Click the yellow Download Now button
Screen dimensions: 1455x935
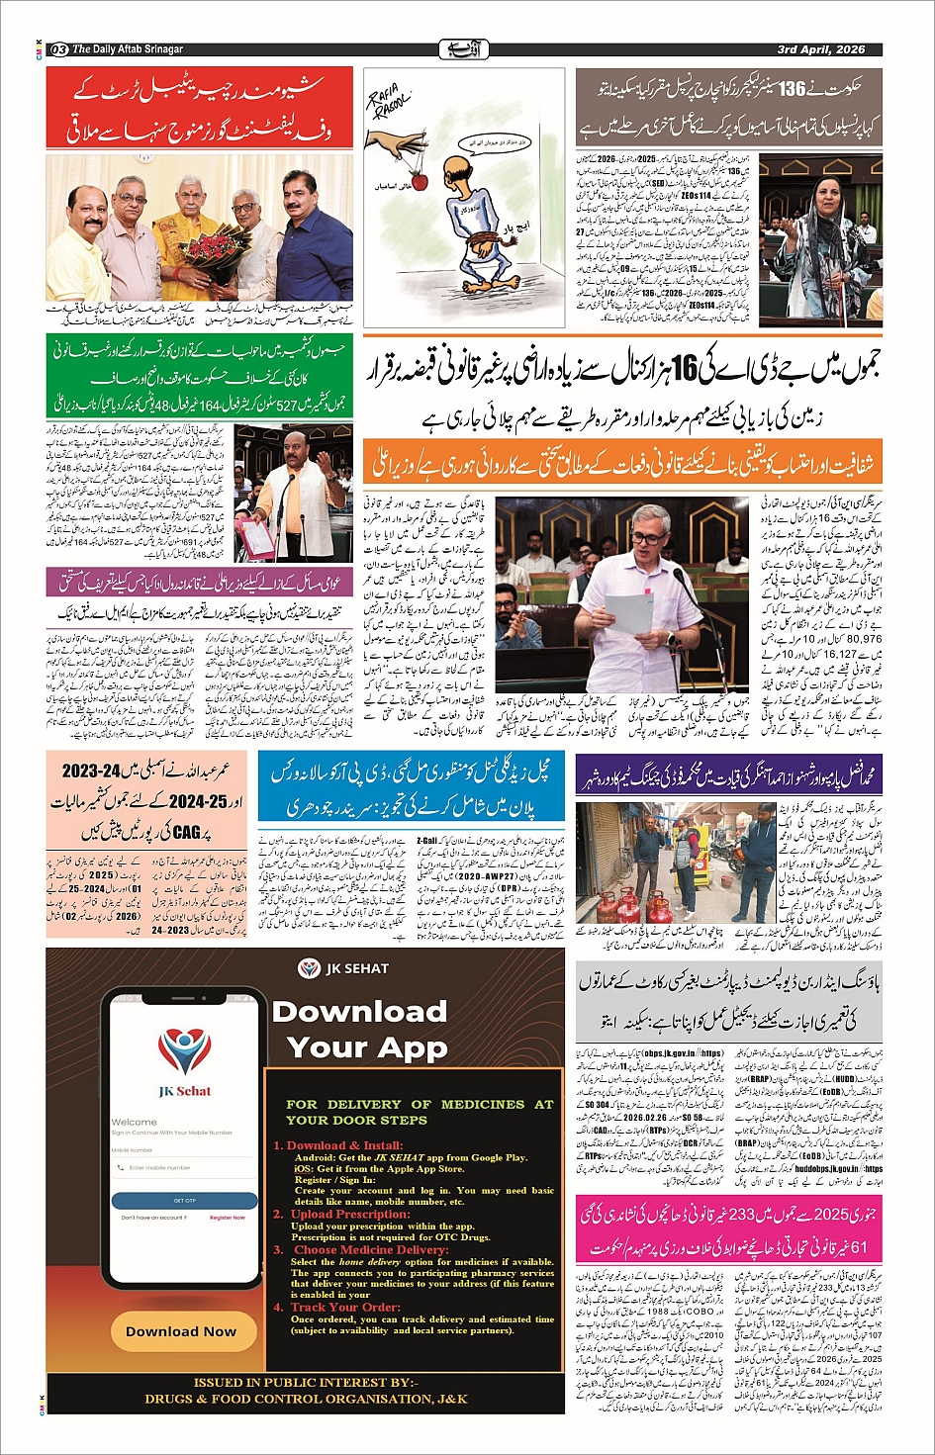click(x=181, y=1330)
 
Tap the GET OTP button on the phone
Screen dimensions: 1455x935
click(x=183, y=1200)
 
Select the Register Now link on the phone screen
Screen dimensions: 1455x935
click(x=228, y=1218)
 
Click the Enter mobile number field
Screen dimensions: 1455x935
click(x=183, y=1167)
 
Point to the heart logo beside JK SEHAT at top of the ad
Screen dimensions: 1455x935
click(x=311, y=968)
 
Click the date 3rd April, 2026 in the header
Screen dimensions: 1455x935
click(x=820, y=49)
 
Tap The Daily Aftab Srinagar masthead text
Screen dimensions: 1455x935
click(x=128, y=49)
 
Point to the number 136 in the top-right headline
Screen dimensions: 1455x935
click(x=792, y=89)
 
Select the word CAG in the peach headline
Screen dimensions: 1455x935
click(x=185, y=833)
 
